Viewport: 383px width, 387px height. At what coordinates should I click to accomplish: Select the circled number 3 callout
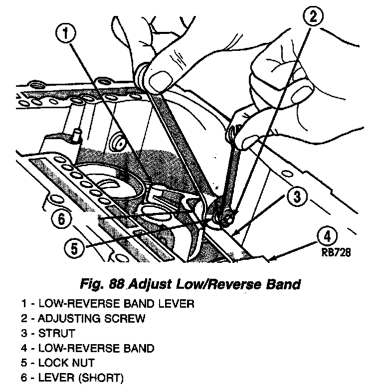[297, 197]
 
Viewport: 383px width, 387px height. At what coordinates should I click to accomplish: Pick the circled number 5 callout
[74, 248]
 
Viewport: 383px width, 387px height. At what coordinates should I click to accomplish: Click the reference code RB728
[336, 253]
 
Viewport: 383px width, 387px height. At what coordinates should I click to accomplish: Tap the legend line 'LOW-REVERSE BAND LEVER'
[107, 303]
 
